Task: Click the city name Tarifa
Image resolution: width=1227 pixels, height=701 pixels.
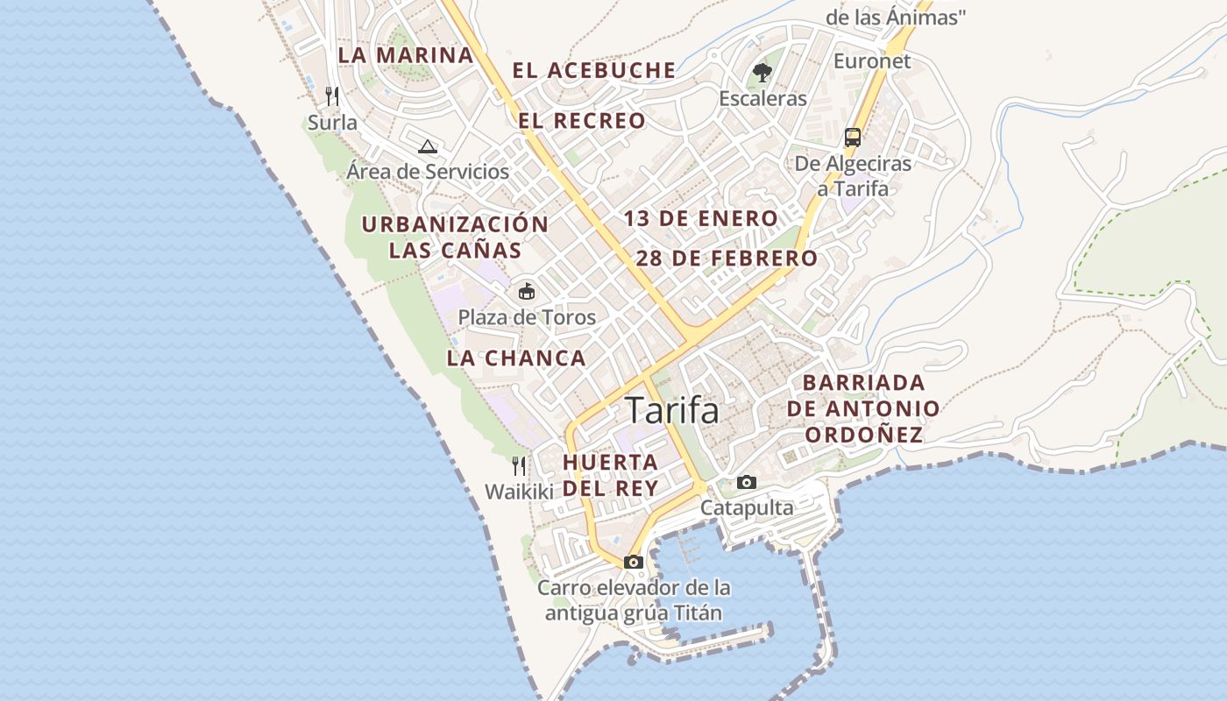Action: (671, 410)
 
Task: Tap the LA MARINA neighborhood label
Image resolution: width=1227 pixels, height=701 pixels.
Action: (405, 55)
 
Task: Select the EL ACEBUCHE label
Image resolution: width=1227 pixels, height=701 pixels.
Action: (594, 71)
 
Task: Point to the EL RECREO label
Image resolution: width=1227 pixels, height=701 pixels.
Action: (582, 121)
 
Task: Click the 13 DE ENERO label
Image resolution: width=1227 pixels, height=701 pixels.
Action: (701, 219)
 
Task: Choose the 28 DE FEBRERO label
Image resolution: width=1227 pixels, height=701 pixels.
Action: (727, 258)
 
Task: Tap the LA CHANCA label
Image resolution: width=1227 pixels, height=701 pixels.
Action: (516, 358)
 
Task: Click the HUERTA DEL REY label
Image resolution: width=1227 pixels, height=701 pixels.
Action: (611, 475)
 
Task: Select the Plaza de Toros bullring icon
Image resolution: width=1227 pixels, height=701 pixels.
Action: (527, 291)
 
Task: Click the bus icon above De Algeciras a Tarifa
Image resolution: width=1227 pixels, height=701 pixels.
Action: (853, 138)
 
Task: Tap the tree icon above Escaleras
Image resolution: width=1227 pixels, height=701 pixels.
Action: (762, 73)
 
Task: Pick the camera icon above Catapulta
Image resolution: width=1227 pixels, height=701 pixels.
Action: (747, 482)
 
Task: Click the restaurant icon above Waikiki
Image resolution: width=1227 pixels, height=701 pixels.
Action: (519, 465)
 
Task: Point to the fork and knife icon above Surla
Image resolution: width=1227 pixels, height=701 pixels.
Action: (332, 96)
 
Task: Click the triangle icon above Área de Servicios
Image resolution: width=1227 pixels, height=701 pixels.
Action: (427, 146)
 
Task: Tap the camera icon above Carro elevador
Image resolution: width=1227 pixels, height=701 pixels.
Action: (634, 562)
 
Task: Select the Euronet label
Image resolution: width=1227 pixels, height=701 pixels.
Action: (872, 61)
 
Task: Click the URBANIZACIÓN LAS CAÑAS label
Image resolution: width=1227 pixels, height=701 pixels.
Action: (455, 237)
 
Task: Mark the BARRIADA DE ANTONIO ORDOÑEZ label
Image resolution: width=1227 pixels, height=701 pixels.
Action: (863, 408)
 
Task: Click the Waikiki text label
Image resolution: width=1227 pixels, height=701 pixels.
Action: (519, 492)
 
